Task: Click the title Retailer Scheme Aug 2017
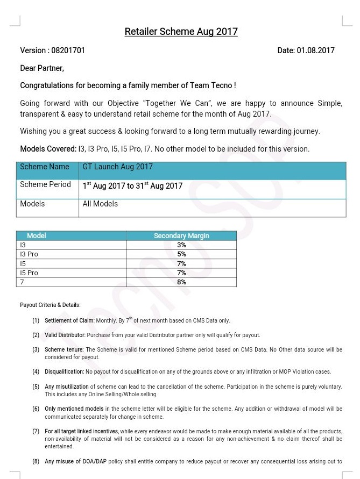pos(181,32)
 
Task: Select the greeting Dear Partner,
pos(42,68)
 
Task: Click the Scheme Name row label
pos(45,167)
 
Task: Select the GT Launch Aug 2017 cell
pos(118,167)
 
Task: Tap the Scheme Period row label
pos(46,185)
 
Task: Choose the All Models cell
pos(100,204)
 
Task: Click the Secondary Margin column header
pos(181,236)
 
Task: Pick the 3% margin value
pos(181,245)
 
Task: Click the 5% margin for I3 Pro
pos(181,254)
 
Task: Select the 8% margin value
pos(181,282)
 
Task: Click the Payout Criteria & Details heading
pos(50,305)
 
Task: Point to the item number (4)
pos(36,372)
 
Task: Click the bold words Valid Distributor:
pos(65,335)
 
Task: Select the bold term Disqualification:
pos(64,372)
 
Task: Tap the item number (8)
pos(36,461)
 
